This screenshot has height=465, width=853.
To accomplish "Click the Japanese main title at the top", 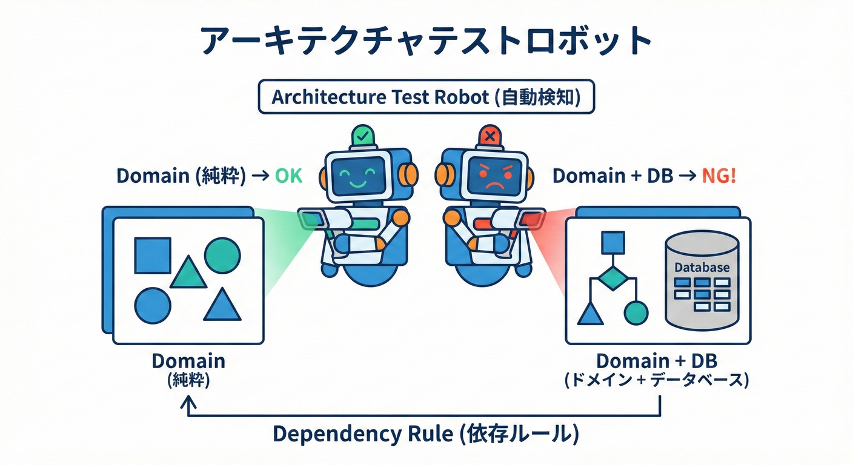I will point(426,41).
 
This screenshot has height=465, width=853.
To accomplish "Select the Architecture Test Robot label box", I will point(426,97).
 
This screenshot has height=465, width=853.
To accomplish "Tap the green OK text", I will point(288,176).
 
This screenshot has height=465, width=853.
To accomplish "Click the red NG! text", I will point(719,176).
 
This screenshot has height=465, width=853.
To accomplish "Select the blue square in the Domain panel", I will point(152,255).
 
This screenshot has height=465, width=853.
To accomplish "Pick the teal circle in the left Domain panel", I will point(222,255).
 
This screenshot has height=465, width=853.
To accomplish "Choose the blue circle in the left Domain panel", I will point(152,305).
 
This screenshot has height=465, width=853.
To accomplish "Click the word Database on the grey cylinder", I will point(702,267).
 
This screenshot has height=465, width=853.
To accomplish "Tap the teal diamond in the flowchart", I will point(612,279).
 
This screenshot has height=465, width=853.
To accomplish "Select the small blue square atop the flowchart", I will point(612,242).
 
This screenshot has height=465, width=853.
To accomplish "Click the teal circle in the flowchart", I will point(636,312).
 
